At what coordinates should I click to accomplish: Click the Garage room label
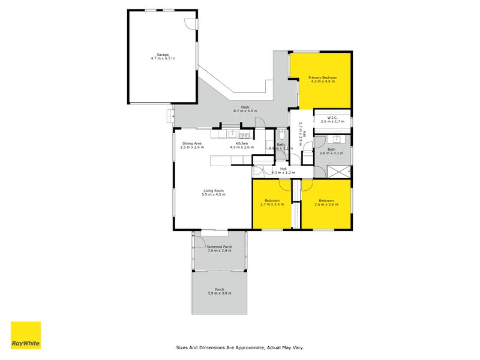pos(162,56)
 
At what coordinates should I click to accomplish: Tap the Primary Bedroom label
pos(322,79)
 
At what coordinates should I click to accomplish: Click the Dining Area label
pos(192,145)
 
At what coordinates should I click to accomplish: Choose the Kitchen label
pos(242,145)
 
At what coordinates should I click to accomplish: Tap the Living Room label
pos(213,193)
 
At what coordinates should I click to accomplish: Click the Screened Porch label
pos(219,248)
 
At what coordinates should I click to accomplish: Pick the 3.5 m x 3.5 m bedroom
pos(326,202)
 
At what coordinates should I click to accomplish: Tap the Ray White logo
pos(26,335)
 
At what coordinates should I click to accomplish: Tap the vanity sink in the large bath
pos(336,140)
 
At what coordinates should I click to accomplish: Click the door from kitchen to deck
pos(260,122)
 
